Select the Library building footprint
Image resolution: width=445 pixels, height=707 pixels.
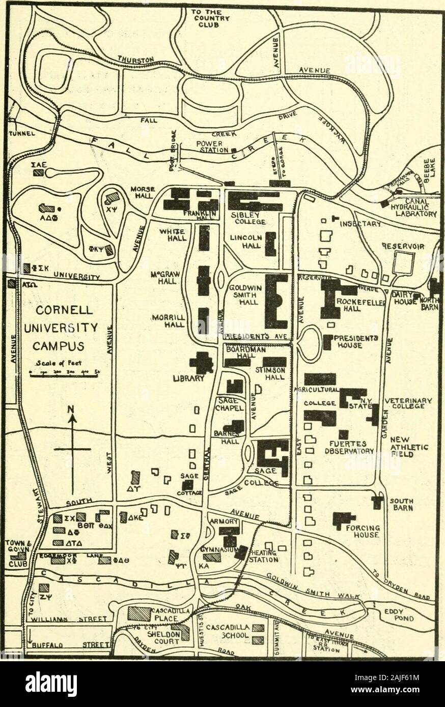[202, 362]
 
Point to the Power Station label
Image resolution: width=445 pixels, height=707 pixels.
[209, 146]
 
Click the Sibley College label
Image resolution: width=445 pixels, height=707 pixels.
[247, 218]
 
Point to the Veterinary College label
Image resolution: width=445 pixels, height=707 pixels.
[411, 403]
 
